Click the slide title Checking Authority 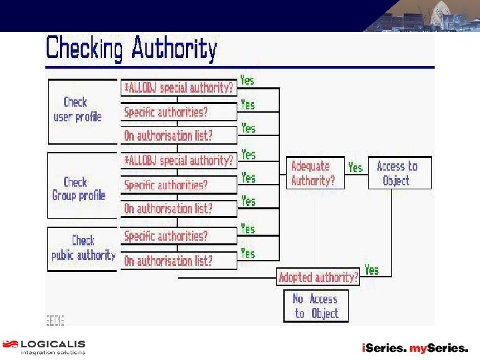click(131, 49)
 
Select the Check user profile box click(77, 110)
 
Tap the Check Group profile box click(79, 189)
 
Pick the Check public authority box click(83, 247)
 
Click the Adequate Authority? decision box click(314, 173)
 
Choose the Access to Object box click(398, 173)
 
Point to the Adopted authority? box click(318, 277)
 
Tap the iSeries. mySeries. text click(414, 348)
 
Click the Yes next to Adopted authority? click(372, 270)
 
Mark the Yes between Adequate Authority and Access click(355, 168)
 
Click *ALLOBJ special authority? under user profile click(179, 87)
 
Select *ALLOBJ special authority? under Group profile click(179, 161)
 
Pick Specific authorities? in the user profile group click(166, 112)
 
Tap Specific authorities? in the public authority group click(166, 236)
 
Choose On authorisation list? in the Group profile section click(169, 209)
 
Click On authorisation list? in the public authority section click(169, 261)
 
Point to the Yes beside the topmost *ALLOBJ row click(247, 80)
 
